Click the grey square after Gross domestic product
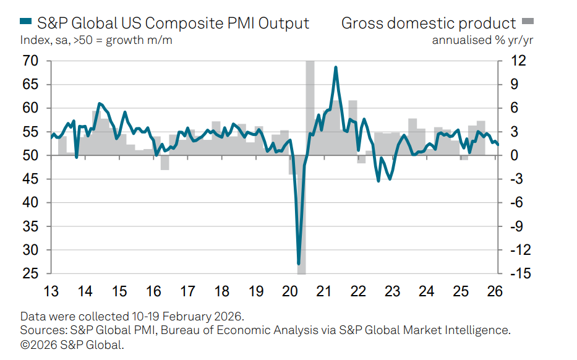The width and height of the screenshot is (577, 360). (528, 23)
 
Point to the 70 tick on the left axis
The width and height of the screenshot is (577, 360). (30, 61)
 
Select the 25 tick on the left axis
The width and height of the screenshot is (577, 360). (30, 274)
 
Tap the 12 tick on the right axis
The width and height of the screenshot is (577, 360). (518, 61)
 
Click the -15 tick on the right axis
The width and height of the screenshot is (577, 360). (516, 274)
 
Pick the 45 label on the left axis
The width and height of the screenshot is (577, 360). (30, 179)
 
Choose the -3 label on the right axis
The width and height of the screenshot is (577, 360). (516, 179)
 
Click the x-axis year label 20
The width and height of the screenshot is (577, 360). (289, 291)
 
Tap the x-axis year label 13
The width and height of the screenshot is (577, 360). (51, 291)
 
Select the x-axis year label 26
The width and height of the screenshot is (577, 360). (494, 291)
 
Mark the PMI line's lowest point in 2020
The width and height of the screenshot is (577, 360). (299, 264)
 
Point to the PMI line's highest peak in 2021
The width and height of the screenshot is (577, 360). (335, 67)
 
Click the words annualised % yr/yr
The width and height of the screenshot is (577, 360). (482, 41)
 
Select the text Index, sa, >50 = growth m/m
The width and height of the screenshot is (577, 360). (96, 41)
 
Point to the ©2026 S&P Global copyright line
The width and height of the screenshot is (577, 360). (72, 345)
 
